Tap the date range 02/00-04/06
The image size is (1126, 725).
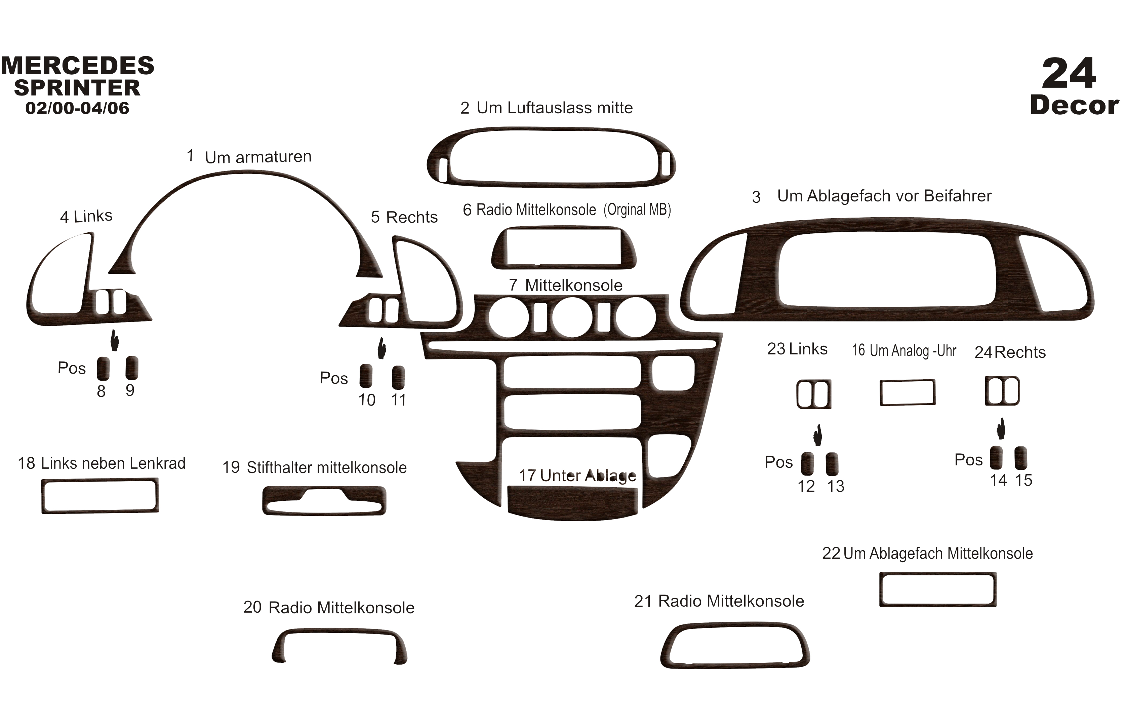point(77,108)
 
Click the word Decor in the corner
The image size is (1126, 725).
point(1074,106)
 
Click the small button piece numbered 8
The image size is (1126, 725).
point(103,368)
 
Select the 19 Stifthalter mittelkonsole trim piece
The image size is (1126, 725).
point(324,509)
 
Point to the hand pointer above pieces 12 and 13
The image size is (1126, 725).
point(818,435)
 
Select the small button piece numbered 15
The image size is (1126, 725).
point(1020,458)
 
